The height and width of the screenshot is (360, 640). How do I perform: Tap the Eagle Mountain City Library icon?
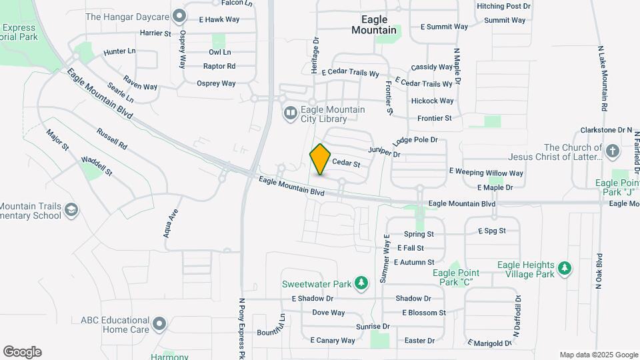point(290,114)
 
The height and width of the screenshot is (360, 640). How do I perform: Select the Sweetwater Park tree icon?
point(361,283)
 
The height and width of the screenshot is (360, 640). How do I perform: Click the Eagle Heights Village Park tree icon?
point(565,268)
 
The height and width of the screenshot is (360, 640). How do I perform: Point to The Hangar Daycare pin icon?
point(178,15)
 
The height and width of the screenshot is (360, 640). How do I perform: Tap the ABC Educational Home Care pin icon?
point(159,325)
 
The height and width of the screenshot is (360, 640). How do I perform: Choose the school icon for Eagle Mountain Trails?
point(71,211)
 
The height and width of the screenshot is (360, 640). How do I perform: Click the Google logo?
point(22,351)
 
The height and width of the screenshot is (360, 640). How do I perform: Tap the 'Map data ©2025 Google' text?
point(599,355)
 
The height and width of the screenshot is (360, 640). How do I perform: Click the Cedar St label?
point(346,163)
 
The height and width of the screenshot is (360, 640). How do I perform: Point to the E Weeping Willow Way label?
point(486,173)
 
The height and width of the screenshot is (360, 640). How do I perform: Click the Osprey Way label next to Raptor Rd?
point(216,83)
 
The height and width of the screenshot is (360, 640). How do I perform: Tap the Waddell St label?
point(97,165)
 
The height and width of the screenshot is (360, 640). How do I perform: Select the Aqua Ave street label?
point(172,223)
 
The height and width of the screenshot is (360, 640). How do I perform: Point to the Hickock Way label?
point(433,101)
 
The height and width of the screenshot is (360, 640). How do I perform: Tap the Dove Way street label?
point(329,313)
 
